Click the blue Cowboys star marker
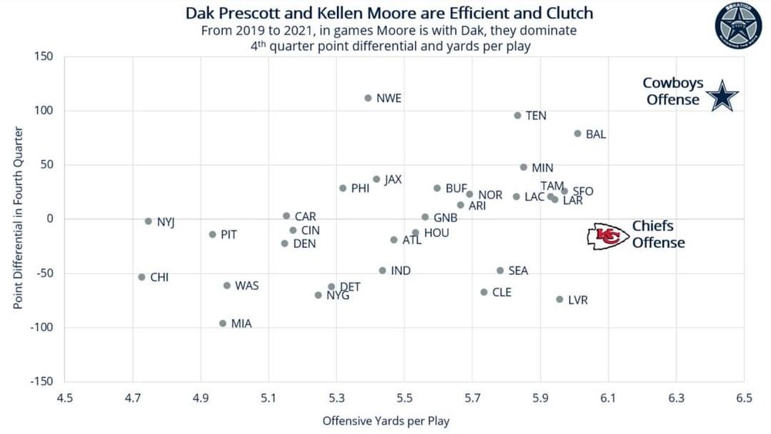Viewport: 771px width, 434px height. [x=722, y=96]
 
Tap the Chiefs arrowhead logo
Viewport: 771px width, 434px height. [x=607, y=237]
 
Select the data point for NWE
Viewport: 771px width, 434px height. [x=368, y=98]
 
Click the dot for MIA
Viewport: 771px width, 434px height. [x=223, y=324]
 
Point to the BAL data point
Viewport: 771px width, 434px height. [x=577, y=134]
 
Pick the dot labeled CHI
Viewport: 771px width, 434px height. [x=142, y=277]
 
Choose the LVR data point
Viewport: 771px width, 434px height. [x=560, y=300]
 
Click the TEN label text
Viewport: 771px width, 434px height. [x=536, y=116]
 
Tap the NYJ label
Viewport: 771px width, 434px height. [x=166, y=222]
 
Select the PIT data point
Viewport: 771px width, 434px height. [x=213, y=235]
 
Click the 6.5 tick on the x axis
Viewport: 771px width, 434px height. [x=744, y=398]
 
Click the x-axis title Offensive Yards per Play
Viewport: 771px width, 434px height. [x=385, y=422]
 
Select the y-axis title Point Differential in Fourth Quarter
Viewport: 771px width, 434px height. [x=18, y=219]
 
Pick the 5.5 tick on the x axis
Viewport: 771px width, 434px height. [x=405, y=398]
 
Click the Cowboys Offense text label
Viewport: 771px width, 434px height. [x=672, y=91]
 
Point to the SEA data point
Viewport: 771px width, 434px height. [x=500, y=271]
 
